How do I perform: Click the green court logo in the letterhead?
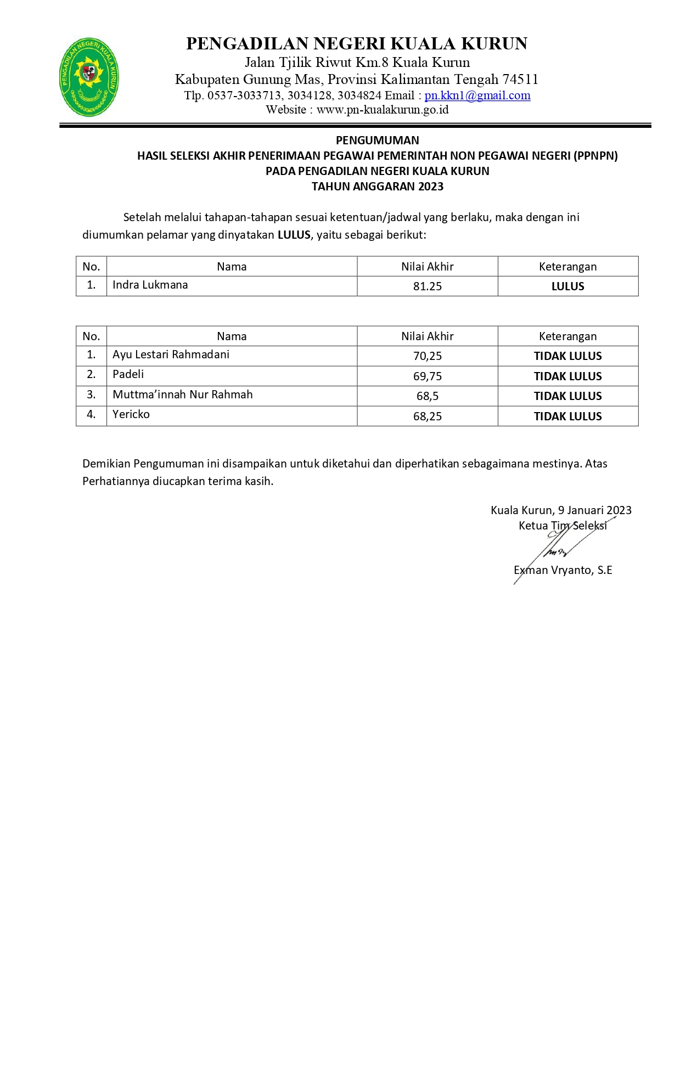pyautogui.click(x=89, y=77)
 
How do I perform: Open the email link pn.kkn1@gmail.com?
pyautogui.click(x=477, y=95)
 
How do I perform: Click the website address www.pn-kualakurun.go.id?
pyautogui.click(x=383, y=110)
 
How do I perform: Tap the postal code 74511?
pyautogui.click(x=520, y=80)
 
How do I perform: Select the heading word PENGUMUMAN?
pyautogui.click(x=377, y=140)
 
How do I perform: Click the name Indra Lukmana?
pyautogui.click(x=150, y=285)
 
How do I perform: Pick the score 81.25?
pyautogui.click(x=427, y=286)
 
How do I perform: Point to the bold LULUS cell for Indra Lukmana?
pyautogui.click(x=567, y=286)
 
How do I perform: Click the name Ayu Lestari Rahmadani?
pyautogui.click(x=171, y=354)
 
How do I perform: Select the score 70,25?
pyautogui.click(x=427, y=356)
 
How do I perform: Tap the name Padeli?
pyautogui.click(x=128, y=374)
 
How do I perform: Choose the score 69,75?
pyautogui.click(x=427, y=376)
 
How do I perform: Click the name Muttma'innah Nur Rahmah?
pyautogui.click(x=182, y=395)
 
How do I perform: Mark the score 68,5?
pyautogui.click(x=427, y=396)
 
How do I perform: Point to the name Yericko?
pyautogui.click(x=131, y=414)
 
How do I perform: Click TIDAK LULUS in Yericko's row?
pyautogui.click(x=567, y=416)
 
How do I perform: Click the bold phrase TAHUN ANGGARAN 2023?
pyautogui.click(x=377, y=187)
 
